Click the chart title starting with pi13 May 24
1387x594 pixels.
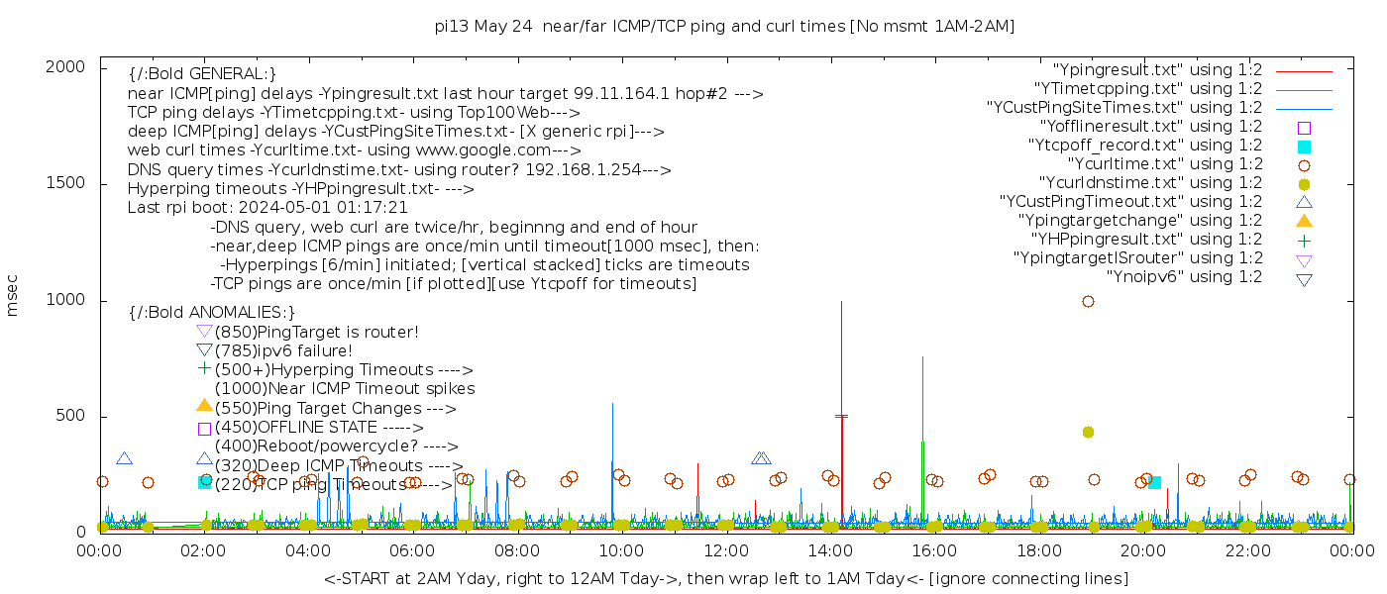pyautogui.click(x=724, y=26)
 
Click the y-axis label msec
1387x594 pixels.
pyautogui.click(x=13, y=296)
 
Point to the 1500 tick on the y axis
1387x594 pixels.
pyautogui.click(x=100, y=183)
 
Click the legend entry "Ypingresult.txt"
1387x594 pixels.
pyautogui.click(x=1156, y=70)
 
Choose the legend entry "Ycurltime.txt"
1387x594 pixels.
pyautogui.click(x=1164, y=164)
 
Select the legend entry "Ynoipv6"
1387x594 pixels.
pyautogui.click(x=1184, y=277)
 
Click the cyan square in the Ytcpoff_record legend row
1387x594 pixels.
pyautogui.click(x=1304, y=146)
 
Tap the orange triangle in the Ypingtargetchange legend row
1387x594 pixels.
pyautogui.click(x=1304, y=220)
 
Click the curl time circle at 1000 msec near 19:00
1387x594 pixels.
pyautogui.click(x=1088, y=301)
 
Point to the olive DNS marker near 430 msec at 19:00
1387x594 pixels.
pyautogui.click(x=1088, y=432)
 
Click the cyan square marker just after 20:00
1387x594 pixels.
pyautogui.click(x=1154, y=482)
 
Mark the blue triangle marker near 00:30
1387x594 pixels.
pyautogui.click(x=124, y=458)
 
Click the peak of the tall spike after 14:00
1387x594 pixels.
pyautogui.click(x=841, y=301)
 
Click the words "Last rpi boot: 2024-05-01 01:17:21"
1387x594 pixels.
pyautogui.click(x=267, y=208)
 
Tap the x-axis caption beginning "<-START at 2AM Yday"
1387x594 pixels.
pyautogui.click(x=725, y=578)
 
